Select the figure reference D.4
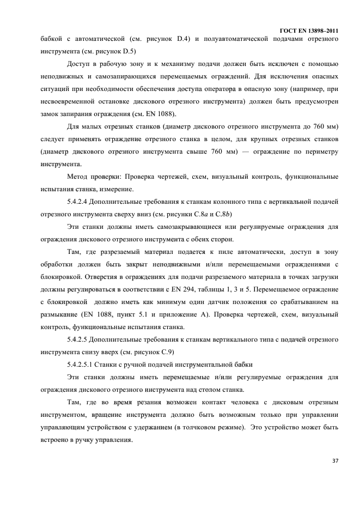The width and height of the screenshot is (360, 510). click(x=183, y=39)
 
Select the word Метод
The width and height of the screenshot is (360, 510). click(x=78, y=176)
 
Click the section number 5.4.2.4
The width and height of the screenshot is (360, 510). click(x=80, y=201)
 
